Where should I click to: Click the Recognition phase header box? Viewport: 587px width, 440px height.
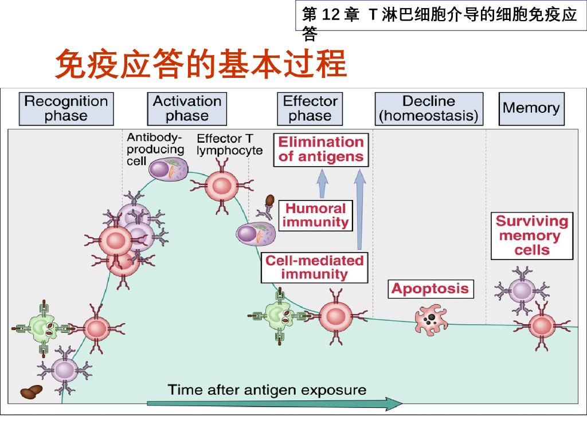coord(66,108)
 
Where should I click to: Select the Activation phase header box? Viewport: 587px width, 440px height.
coord(187,108)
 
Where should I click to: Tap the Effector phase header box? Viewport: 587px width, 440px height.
coord(310,108)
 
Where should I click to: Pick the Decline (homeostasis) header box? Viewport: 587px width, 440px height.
coord(429,108)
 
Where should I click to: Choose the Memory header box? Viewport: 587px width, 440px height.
coord(531,108)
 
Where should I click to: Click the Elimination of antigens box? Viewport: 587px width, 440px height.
coord(321,150)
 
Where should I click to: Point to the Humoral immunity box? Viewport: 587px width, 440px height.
coord(316,215)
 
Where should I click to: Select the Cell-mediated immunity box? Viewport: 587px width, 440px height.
coord(315,268)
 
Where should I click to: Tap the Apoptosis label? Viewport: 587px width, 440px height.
coord(431,289)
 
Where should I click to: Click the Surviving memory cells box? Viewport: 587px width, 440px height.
coord(532,235)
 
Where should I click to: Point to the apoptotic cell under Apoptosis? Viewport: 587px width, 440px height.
coord(431,320)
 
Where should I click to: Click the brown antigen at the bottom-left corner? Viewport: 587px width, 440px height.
coord(31,392)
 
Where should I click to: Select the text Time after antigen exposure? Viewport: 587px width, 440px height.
coord(267,390)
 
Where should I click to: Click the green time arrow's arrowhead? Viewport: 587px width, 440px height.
coord(394,404)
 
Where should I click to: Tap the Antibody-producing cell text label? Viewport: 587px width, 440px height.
coord(155,150)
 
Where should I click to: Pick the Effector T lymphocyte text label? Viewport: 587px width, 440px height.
coord(229,144)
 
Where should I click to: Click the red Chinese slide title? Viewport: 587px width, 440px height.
coord(201,64)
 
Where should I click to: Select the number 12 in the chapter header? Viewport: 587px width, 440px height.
coord(331,14)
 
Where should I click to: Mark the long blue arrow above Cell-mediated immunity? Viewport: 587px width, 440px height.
coord(360,209)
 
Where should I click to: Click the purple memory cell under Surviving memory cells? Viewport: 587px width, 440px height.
coord(522,290)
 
